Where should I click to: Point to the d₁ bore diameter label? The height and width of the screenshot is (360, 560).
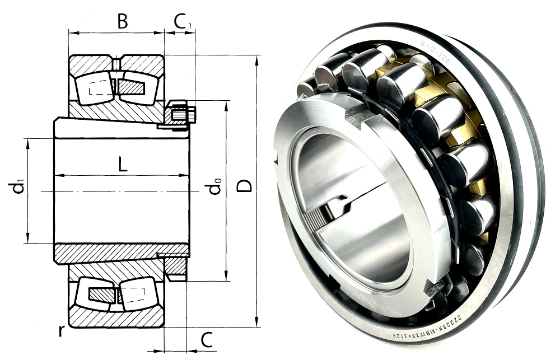pos(18,187)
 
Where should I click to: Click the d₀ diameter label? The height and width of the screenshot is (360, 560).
pos(214,187)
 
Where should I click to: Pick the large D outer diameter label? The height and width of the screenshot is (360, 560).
pos(244,185)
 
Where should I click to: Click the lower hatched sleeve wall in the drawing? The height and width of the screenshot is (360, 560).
pos(112,253)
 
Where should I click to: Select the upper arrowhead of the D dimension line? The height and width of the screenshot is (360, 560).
pos(257,59)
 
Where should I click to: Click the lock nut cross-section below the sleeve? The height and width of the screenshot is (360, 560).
pos(175,265)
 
